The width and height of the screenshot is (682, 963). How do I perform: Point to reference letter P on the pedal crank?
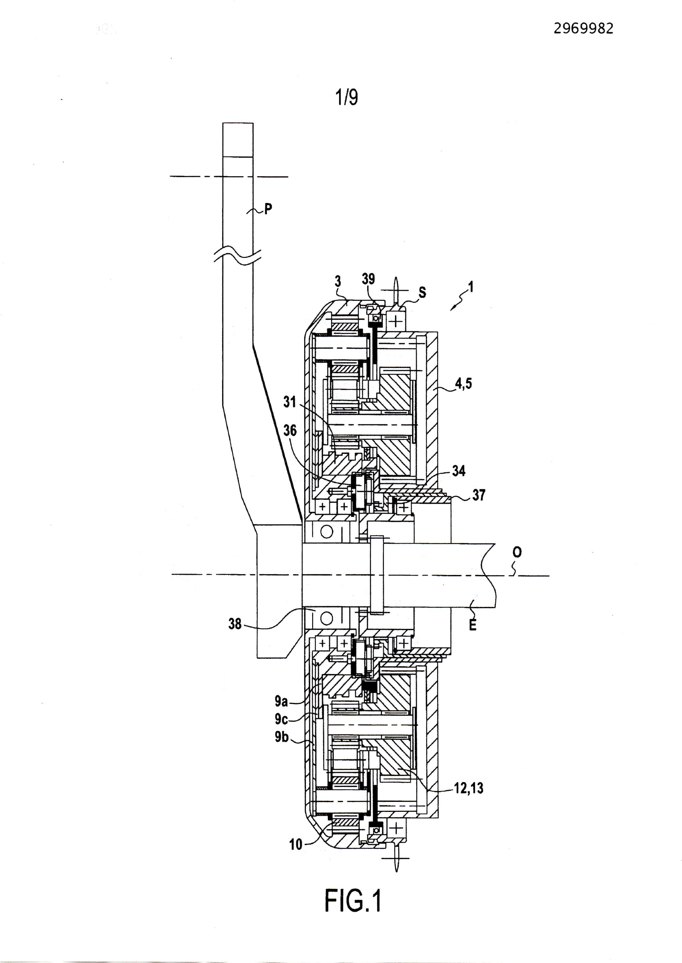coord(268,209)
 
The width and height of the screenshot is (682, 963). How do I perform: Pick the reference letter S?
coord(422,292)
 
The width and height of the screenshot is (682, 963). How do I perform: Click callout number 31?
coord(289,401)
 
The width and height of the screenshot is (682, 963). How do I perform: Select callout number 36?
coord(290,431)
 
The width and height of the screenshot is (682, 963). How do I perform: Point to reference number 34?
coord(459,471)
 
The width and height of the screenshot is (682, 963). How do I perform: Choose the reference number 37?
coord(479,495)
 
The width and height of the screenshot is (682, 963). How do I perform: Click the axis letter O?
coord(517,552)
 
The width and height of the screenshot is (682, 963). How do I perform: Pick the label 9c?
coord(281,719)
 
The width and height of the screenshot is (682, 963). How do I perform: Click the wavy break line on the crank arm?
coord(238,257)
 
